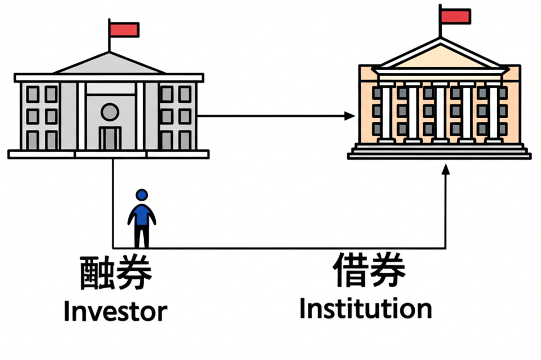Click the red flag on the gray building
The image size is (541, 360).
[124, 29]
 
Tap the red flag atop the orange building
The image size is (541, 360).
[455, 16]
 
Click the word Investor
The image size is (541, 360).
[115, 311]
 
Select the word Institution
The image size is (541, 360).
[365, 308]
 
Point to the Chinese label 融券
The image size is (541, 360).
[116, 273]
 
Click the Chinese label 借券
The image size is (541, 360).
[369, 269]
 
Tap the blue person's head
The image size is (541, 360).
[142, 195]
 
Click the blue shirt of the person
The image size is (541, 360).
[142, 214]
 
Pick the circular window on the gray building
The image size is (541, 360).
[110, 112]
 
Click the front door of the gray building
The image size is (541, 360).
[110, 138]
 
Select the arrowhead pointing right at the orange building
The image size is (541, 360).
[349, 116]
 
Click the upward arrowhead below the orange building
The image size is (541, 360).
[445, 169]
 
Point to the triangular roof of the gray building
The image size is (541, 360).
[109, 65]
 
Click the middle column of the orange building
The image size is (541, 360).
[440, 113]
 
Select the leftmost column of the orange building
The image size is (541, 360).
[386, 113]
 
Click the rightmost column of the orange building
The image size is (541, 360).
[493, 113]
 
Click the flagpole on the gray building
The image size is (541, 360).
[109, 40]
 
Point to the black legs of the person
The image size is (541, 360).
[142, 236]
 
